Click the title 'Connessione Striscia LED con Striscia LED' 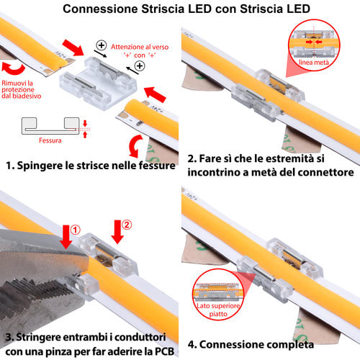[186, 9]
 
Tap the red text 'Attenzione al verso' [140, 47]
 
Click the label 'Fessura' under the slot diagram [50, 140]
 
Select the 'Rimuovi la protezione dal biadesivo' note [22, 89]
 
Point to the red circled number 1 [75, 230]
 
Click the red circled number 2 [127, 225]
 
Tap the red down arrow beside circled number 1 [66, 237]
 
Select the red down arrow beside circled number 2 [117, 232]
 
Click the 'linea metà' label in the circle [314, 63]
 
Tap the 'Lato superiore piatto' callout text [218, 310]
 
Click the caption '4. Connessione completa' [251, 345]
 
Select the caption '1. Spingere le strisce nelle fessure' [91, 166]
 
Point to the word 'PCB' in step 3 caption [164, 351]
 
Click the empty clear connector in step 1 [98, 82]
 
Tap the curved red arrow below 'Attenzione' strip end [135, 146]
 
